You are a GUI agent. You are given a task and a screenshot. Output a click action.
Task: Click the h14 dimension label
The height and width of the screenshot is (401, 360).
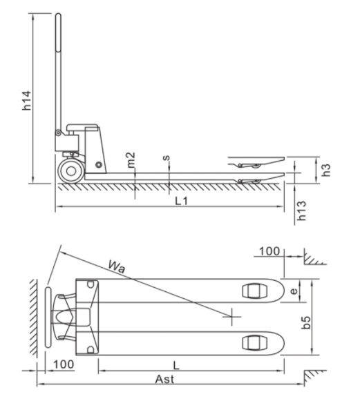(27, 100)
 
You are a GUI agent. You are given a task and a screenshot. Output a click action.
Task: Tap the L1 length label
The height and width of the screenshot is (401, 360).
(182, 202)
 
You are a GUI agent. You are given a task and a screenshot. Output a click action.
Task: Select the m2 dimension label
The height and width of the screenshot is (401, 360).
(131, 160)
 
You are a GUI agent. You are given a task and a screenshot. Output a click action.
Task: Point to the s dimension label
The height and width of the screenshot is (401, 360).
(167, 157)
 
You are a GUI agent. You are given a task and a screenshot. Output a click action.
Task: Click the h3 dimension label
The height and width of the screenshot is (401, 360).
(326, 170)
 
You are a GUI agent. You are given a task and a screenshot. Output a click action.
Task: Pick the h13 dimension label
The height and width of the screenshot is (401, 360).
(302, 211)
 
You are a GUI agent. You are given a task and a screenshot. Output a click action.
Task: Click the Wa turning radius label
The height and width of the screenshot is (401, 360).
(117, 266)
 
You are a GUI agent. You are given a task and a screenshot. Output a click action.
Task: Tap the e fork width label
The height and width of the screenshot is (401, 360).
(294, 291)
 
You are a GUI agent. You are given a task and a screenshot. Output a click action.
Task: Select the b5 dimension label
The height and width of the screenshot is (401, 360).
(305, 322)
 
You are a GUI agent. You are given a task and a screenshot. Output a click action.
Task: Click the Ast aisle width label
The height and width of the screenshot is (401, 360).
(164, 379)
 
